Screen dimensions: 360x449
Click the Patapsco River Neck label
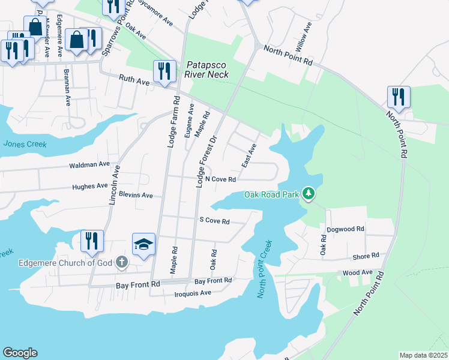click(x=208, y=70)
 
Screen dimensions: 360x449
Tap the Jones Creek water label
click(x=24, y=144)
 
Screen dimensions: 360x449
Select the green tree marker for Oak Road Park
click(x=309, y=193)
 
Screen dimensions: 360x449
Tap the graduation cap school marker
click(x=143, y=244)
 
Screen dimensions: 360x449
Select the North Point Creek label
click(x=265, y=268)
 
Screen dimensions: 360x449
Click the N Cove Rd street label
click(x=220, y=179)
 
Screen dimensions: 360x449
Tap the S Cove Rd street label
click(x=214, y=221)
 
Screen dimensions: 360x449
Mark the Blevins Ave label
click(x=136, y=196)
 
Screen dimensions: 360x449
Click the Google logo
click(x=20, y=353)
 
